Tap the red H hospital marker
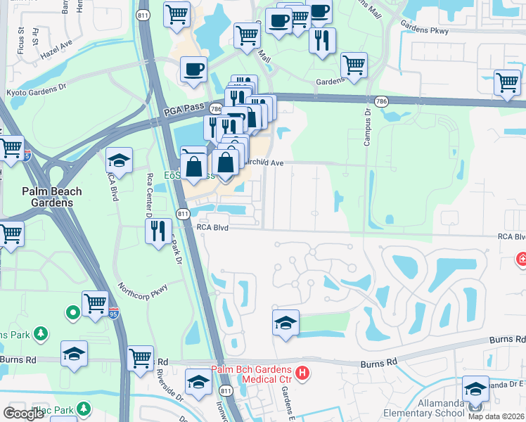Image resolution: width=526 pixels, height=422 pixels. click(x=302, y=373)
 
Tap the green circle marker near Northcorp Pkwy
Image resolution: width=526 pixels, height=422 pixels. click(x=72, y=312)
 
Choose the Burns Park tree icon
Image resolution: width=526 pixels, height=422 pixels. click(x=41, y=333)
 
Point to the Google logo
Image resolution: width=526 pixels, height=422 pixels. click(x=24, y=413)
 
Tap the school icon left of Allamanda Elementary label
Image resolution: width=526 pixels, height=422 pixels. click(x=476, y=389)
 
